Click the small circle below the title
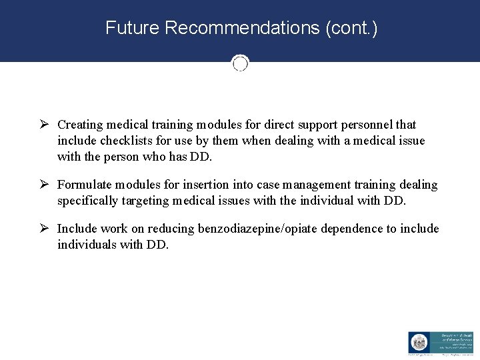[x=240, y=63]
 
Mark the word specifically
[x=86, y=201]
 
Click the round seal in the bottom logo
[x=418, y=342]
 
